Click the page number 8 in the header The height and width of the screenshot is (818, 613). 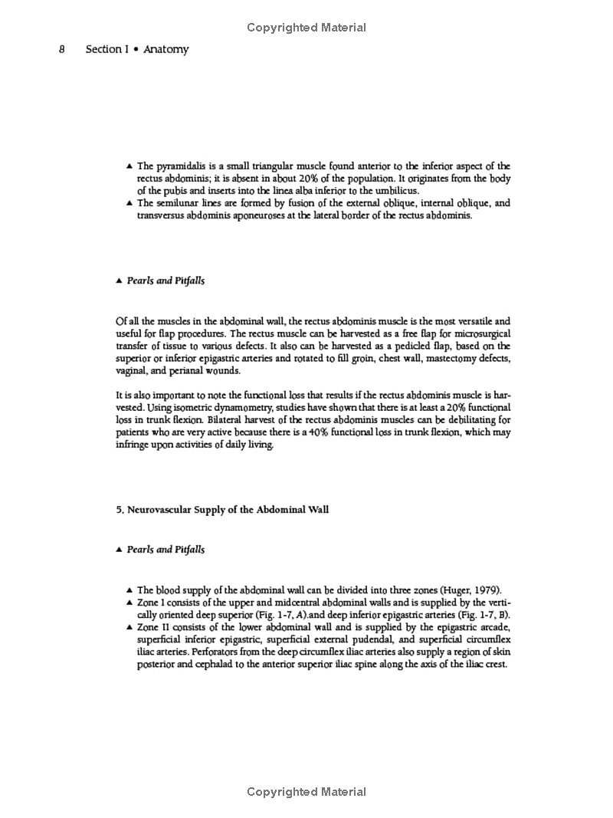pos(61,50)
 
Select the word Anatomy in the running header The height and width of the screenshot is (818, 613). pos(166,50)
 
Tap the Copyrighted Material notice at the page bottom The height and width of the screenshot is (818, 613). pos(306,792)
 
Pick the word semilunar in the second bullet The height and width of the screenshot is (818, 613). pos(180,203)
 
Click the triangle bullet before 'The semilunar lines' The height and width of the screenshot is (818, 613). pos(129,203)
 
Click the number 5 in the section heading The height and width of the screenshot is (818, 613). pos(119,510)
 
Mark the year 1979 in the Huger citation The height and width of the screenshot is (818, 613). pos(484,590)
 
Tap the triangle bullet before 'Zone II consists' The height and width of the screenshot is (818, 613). pos(129,627)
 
